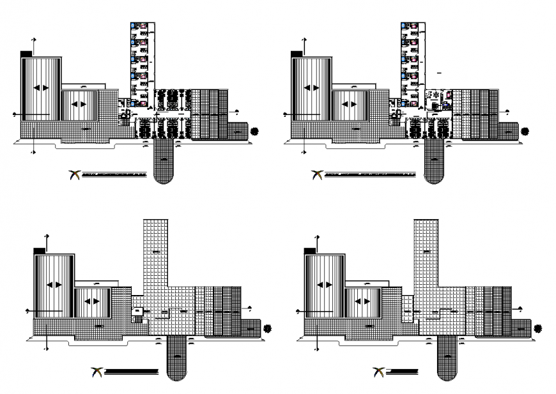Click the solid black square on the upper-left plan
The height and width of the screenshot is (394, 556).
tap(26, 54)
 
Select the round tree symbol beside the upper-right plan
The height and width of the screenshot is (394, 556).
tap(525, 132)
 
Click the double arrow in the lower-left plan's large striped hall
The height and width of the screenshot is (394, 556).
tap(54, 285)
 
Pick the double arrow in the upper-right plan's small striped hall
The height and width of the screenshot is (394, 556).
tap(349, 105)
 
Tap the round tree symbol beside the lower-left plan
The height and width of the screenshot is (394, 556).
tap(267, 328)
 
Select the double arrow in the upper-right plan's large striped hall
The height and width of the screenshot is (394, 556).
tap(312, 87)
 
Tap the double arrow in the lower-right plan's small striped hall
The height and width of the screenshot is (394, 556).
tap(363, 301)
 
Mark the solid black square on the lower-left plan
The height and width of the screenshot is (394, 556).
tap(39, 251)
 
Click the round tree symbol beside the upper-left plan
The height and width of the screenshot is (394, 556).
tap(255, 132)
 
